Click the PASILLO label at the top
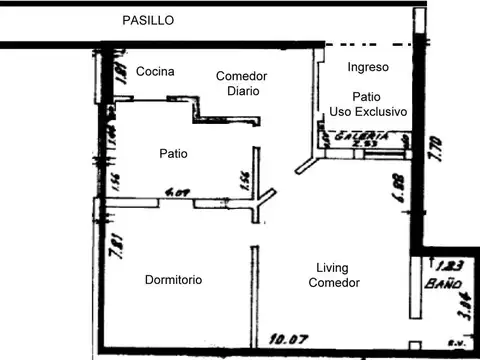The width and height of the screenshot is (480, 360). pos(147,20)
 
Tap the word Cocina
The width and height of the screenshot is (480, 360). pos(155,71)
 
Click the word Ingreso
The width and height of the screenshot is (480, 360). pos(367,67)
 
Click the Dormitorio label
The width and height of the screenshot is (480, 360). pos(173,280)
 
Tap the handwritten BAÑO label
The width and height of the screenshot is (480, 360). pos(447,283)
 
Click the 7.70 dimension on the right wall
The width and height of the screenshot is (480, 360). pos(434,151)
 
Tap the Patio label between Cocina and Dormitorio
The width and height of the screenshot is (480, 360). pos(173,153)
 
